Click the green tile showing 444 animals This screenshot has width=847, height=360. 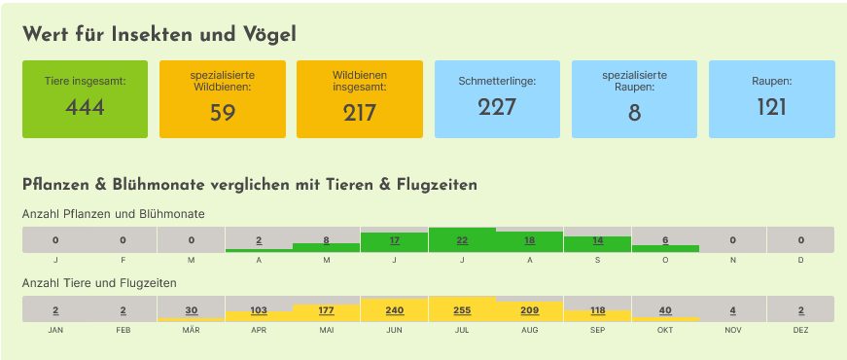click(85, 99)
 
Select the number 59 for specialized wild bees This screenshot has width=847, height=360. click(223, 114)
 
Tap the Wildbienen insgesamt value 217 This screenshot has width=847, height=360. click(359, 114)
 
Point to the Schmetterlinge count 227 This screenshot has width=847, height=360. click(497, 108)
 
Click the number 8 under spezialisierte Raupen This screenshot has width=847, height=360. click(634, 114)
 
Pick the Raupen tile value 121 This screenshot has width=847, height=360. click(771, 108)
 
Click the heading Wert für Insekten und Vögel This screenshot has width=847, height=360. click(159, 35)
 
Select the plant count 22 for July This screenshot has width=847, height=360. click(462, 240)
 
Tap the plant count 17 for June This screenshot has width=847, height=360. click(395, 240)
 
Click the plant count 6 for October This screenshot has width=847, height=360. click(665, 240)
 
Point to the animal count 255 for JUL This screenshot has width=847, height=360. click(462, 310)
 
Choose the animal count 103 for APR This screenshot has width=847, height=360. click(259, 310)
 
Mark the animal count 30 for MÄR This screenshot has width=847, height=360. click(192, 310)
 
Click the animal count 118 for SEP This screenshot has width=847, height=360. click(598, 310)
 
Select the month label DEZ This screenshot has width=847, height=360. click(800, 330)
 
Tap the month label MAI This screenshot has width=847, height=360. click(327, 330)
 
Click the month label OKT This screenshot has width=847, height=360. click(665, 330)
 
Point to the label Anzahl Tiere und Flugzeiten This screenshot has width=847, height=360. click(99, 283)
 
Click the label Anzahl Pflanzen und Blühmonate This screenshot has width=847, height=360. click(114, 214)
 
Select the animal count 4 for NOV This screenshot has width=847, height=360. click(733, 310)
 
